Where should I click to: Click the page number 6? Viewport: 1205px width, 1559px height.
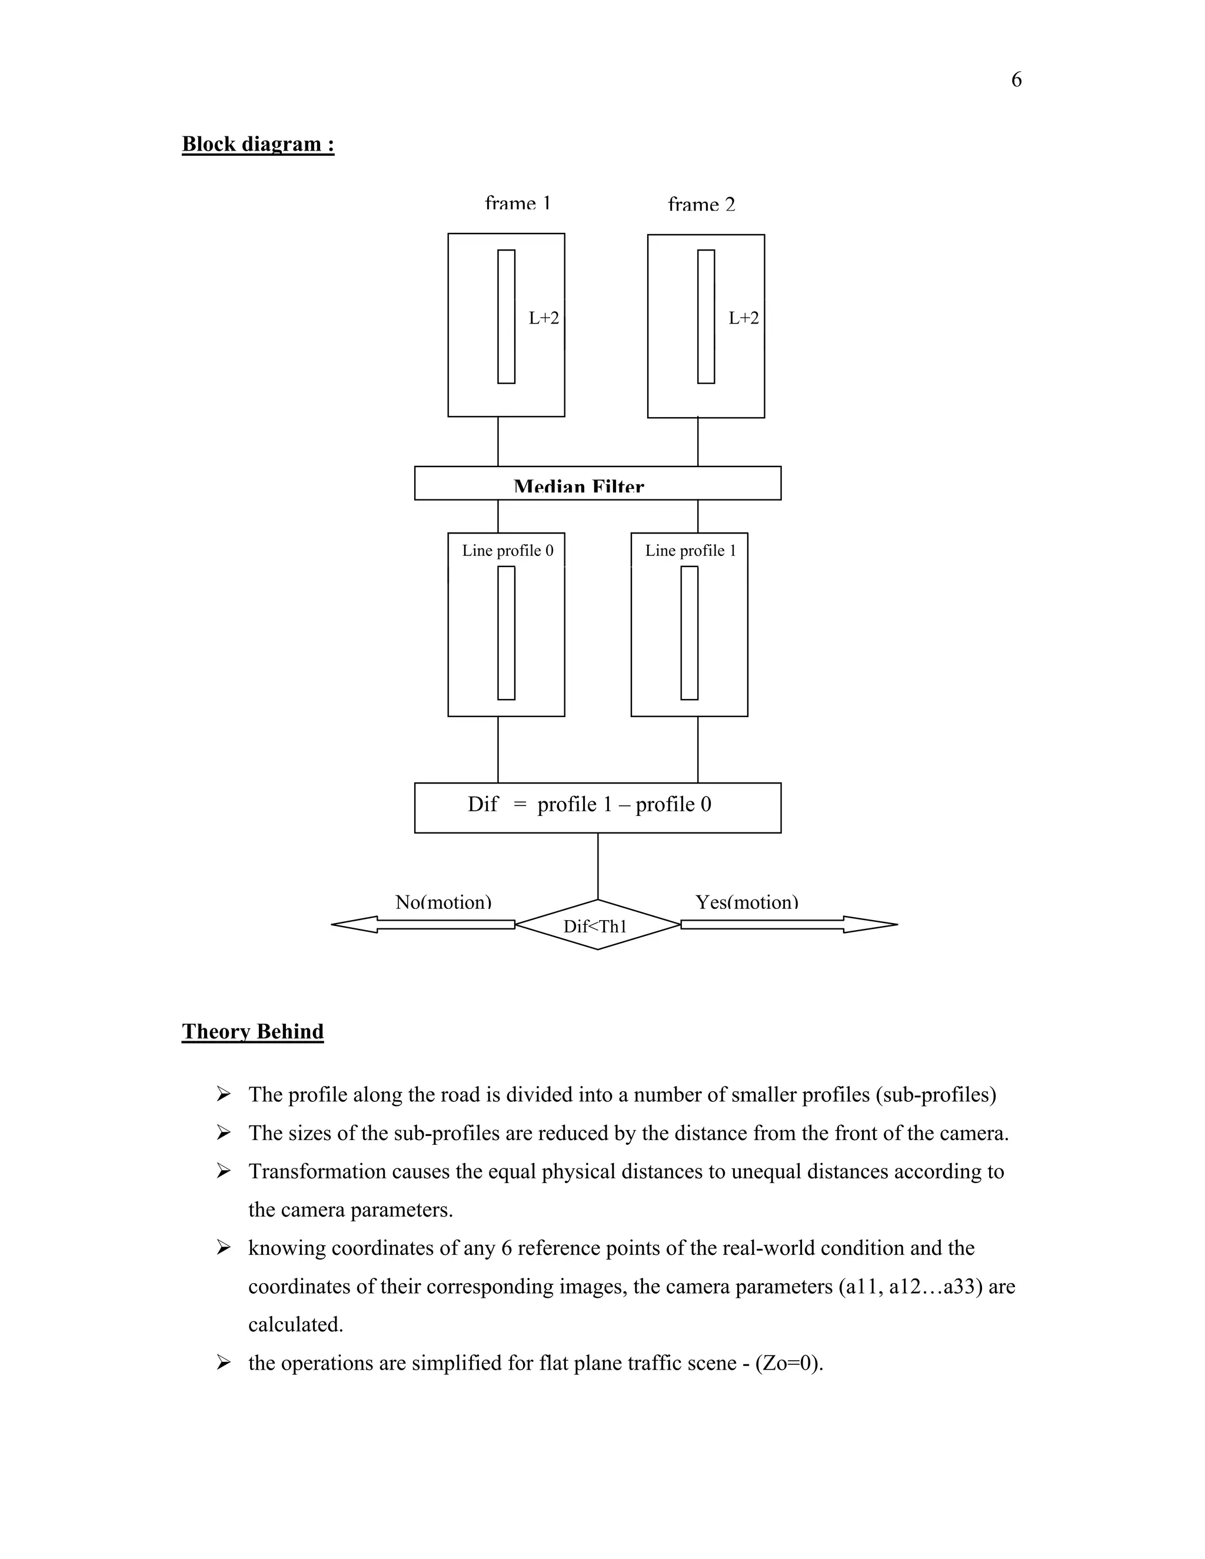point(1016,80)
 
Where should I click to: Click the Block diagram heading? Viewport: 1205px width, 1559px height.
point(258,144)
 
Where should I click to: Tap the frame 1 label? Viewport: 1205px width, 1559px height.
point(518,204)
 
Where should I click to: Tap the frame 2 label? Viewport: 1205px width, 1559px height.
point(701,205)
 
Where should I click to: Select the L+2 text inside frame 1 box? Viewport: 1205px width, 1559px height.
point(543,318)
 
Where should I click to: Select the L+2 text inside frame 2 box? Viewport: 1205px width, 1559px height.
point(743,318)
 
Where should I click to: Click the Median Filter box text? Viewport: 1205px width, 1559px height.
point(578,487)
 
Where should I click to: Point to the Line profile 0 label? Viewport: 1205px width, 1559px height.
point(508,551)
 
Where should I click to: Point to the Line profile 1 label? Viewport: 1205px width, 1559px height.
point(690,551)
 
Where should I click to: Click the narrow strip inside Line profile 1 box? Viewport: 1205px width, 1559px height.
point(689,632)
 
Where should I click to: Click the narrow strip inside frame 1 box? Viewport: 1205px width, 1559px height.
point(506,317)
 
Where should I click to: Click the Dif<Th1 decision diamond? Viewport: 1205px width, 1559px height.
point(596,926)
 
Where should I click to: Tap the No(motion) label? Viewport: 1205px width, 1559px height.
point(443,902)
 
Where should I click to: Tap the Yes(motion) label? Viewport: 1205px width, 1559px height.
point(747,902)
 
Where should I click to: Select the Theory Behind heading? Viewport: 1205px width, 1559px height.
point(252,1031)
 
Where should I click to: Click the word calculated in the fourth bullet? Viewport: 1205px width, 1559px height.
point(295,1325)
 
